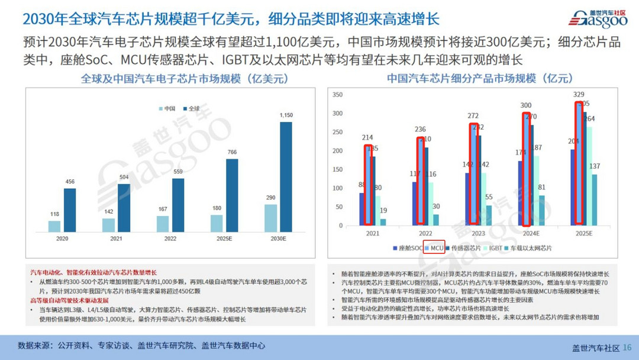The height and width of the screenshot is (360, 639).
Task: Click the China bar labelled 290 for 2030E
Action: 270,218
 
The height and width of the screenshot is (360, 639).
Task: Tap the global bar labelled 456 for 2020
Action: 70,210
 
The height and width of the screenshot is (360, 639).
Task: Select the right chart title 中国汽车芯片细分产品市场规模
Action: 480,78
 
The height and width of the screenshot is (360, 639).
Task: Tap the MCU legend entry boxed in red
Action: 434,248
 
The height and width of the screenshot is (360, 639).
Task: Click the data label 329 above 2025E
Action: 578,95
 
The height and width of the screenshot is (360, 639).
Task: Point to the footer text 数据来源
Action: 34,346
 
